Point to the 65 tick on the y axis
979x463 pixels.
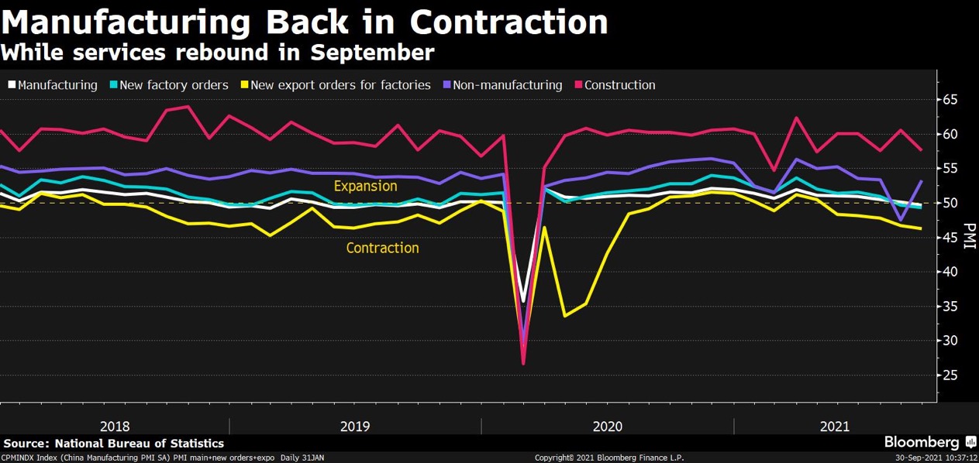(x=950, y=100)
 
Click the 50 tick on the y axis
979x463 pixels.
(x=950, y=203)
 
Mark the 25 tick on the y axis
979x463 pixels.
(x=950, y=376)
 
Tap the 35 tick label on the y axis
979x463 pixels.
(x=950, y=307)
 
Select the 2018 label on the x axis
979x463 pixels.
(x=115, y=427)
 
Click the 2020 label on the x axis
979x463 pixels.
(x=607, y=427)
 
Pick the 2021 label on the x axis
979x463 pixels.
(x=834, y=427)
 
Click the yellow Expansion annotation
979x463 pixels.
(x=365, y=187)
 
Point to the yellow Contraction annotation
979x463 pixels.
(x=382, y=249)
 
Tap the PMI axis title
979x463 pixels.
(x=968, y=237)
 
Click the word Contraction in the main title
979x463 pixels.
(x=508, y=22)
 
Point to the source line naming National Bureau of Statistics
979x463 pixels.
(x=114, y=444)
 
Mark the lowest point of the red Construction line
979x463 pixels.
(x=523, y=363)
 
